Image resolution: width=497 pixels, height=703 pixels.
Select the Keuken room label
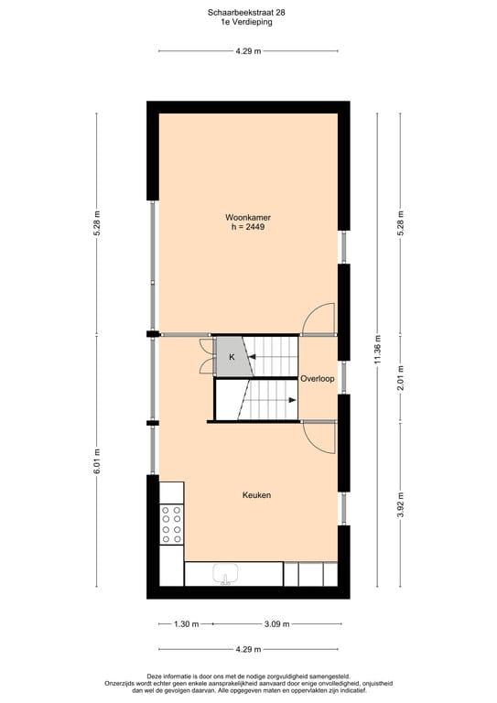(x=256, y=495)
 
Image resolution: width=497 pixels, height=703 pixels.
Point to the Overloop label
(x=318, y=378)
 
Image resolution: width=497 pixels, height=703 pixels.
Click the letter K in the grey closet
(x=232, y=357)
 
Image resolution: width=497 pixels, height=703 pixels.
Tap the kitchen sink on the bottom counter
(x=226, y=576)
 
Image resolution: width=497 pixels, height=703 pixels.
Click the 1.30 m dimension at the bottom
(x=186, y=624)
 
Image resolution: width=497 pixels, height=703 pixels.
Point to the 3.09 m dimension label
(x=276, y=624)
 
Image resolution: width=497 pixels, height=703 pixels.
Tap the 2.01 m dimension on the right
(x=400, y=377)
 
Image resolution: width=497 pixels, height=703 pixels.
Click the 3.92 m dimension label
(x=400, y=503)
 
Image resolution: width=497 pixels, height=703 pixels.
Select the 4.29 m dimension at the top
(x=248, y=51)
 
